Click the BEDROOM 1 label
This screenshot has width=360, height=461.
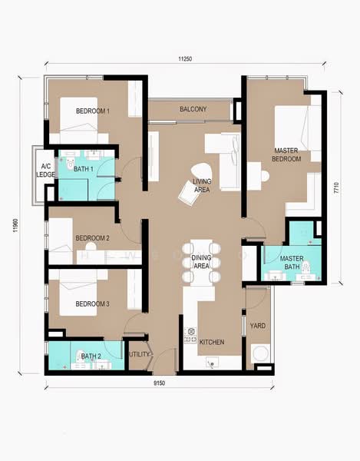93,111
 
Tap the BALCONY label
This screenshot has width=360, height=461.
193,110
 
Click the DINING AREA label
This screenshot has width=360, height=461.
201,261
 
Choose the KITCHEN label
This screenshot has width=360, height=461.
212,342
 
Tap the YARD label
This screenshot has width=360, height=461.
258,326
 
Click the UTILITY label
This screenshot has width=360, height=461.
139,354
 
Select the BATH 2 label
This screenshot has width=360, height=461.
91,356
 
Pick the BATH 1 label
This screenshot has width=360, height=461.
83,168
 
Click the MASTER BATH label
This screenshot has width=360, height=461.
292,263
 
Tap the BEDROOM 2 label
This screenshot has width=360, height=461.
92,239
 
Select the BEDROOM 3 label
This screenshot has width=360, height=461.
92,304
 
